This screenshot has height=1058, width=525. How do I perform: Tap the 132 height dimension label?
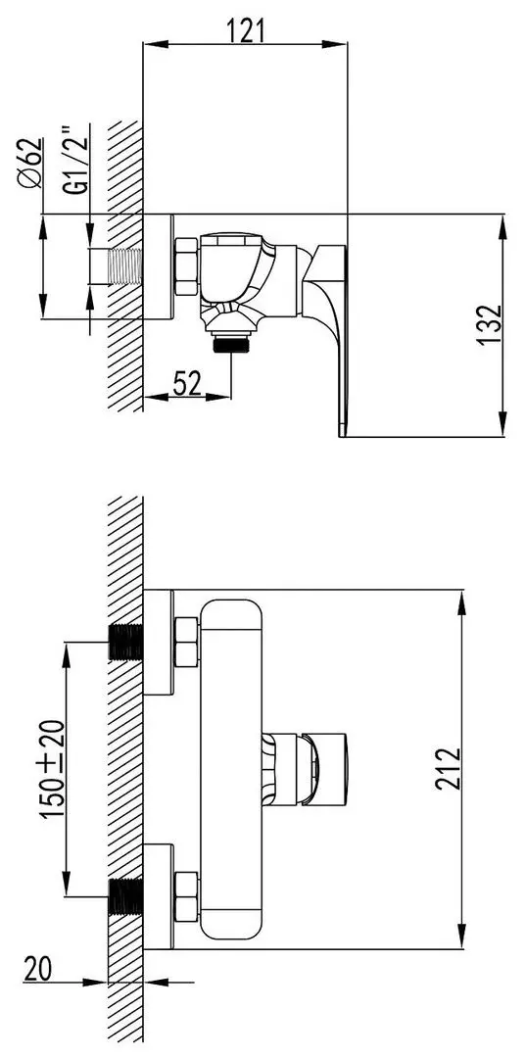491,324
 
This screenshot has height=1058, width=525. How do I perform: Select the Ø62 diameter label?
30,163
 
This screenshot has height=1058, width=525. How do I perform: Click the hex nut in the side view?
186,267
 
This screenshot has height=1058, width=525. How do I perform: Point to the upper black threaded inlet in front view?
124,642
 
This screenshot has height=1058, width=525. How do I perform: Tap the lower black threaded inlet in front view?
124,896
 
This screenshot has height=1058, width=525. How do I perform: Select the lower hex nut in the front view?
186,896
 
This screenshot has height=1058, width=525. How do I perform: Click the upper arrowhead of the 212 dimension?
462,597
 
